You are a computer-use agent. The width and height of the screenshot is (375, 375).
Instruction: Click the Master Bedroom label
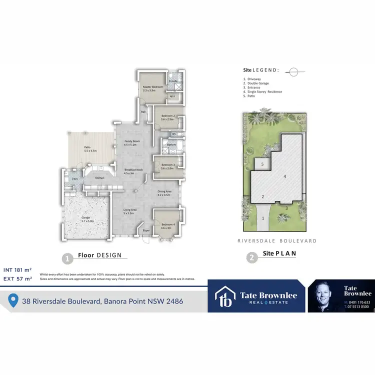point(149,89)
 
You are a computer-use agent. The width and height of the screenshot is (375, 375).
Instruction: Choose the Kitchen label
point(100,178)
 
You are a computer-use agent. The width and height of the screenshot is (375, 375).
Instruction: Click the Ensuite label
point(173,80)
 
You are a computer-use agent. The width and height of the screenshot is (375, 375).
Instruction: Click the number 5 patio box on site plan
point(262,164)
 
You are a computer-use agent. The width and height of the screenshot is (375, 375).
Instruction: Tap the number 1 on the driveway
point(263,218)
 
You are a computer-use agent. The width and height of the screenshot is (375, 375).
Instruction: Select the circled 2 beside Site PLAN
point(252,258)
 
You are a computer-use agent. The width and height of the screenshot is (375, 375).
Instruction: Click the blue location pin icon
point(14,300)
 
